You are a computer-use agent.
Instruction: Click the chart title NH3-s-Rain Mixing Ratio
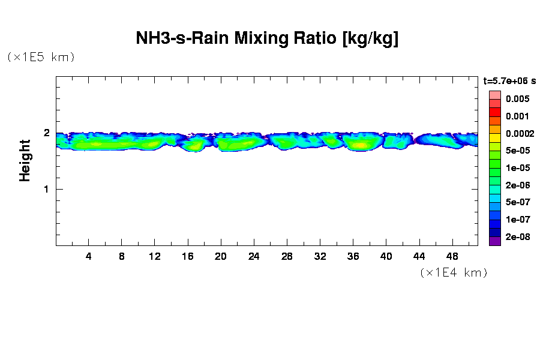coord(268,39)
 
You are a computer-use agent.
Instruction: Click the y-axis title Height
coord(25,160)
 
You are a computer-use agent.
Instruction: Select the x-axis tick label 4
coord(89,256)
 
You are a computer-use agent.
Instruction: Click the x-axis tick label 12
coord(155,256)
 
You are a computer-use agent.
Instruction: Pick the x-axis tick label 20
coord(221,256)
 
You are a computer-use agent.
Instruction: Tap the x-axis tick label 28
coord(287,256)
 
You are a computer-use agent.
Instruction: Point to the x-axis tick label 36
coord(353,256)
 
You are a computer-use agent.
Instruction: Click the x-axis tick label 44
coord(419,256)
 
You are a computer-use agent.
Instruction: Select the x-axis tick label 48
coord(452,256)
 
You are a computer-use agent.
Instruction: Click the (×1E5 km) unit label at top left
coord(41,57)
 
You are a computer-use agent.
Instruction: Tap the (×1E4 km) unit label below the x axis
coord(454,272)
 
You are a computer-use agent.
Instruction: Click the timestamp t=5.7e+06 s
coord(509,80)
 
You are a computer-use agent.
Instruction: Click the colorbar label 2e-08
coord(517,237)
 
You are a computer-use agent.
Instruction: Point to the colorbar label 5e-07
coord(517,202)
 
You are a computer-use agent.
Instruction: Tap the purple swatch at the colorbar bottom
coord(494,241)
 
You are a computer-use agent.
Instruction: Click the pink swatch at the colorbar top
coord(494,95)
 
